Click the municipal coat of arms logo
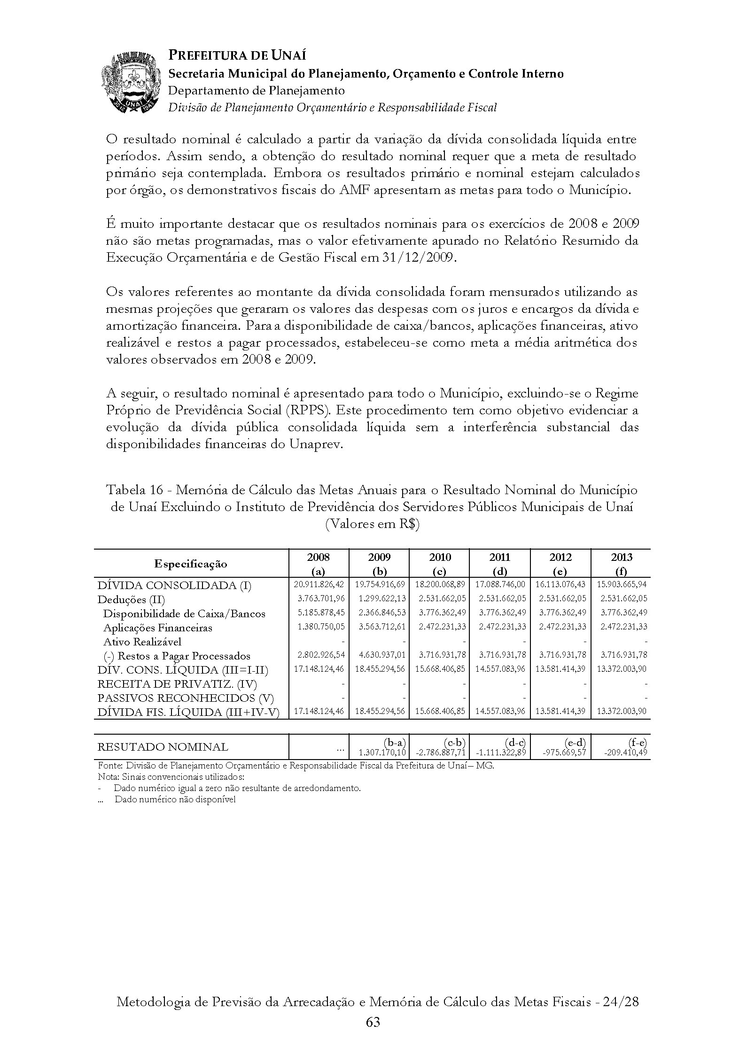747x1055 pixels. [x=130, y=83]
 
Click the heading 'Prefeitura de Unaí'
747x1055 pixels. [x=237, y=55]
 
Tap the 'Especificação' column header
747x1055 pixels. [x=191, y=564]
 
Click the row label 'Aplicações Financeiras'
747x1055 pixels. [x=157, y=628]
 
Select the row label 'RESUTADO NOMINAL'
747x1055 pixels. [x=163, y=747]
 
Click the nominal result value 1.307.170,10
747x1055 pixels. [x=382, y=752]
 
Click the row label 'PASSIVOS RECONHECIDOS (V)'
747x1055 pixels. [x=186, y=698]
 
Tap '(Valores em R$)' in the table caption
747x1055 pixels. [x=372, y=524]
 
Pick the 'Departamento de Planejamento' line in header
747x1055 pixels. [x=257, y=90]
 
